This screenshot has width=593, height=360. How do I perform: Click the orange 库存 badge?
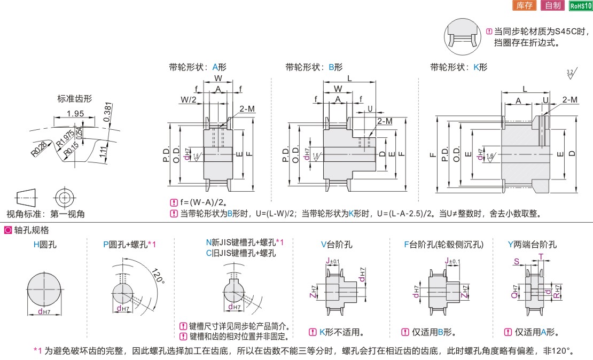524,5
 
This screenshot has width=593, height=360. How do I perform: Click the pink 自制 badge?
552,5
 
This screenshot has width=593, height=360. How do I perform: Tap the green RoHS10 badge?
581,6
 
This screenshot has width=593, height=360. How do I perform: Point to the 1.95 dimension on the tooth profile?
75,113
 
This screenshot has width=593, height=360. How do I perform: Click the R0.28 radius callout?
40,148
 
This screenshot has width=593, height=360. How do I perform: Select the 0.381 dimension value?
108,112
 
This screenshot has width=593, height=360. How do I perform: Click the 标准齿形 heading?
74,99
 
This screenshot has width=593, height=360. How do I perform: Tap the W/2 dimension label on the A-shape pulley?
189,99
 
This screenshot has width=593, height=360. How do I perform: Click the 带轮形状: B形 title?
314,67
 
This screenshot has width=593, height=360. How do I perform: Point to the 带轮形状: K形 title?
459,67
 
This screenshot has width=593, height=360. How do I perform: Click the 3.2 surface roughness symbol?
572,74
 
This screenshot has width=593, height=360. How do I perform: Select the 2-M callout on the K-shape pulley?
569,99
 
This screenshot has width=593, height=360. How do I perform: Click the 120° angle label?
159,276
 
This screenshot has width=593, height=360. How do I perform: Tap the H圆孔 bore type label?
45,245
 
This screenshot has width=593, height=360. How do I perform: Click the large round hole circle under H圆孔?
44,289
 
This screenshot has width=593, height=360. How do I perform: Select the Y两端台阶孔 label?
532,245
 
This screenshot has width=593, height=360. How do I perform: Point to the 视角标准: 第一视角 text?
45,214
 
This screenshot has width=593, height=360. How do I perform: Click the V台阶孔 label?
337,245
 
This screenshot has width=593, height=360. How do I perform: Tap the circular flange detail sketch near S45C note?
462,37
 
